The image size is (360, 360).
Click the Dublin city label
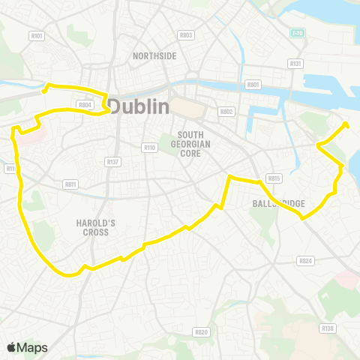(139, 107)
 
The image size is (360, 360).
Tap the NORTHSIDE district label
(154, 56)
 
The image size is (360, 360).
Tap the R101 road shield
(37, 35)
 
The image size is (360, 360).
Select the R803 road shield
(186, 35)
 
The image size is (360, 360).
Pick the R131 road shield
(295, 64)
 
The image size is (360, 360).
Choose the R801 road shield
(253, 85)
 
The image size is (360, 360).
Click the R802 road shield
(226, 111)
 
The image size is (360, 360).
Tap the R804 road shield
(84, 105)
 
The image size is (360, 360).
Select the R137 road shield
(113, 161)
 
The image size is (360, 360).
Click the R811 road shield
(71, 183)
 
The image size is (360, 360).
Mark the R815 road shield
(274, 178)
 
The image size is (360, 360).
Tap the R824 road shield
(304, 261)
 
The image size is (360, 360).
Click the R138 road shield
(327, 328)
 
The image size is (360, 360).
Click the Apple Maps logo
(27, 347)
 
